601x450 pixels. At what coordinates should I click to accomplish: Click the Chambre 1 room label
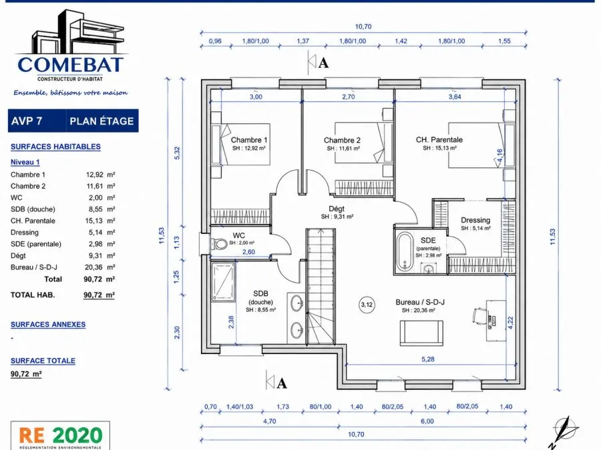click(249, 140)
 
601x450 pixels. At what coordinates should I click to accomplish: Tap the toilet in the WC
click(219, 244)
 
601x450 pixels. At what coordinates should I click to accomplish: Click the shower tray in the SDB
click(223, 281)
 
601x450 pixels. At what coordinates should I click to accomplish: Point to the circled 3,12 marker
click(367, 305)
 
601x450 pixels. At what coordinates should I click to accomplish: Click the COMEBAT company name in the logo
click(71, 65)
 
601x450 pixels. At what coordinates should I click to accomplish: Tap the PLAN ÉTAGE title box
click(102, 121)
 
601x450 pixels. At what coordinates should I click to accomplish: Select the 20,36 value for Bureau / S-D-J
click(94, 267)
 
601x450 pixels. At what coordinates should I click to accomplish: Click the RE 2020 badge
click(60, 436)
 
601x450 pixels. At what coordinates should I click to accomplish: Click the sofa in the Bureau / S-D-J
click(421, 333)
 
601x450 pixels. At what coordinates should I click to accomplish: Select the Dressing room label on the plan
click(475, 220)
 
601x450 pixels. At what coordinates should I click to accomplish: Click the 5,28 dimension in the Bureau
click(428, 359)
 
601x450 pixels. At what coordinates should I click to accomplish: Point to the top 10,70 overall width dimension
click(363, 27)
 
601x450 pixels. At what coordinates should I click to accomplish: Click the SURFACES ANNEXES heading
click(48, 325)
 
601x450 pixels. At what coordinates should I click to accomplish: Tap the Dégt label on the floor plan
click(337, 209)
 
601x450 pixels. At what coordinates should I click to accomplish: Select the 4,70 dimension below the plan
click(270, 421)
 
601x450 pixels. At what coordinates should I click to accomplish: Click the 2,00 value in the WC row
click(95, 198)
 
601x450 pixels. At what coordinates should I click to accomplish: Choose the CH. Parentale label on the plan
click(439, 140)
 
